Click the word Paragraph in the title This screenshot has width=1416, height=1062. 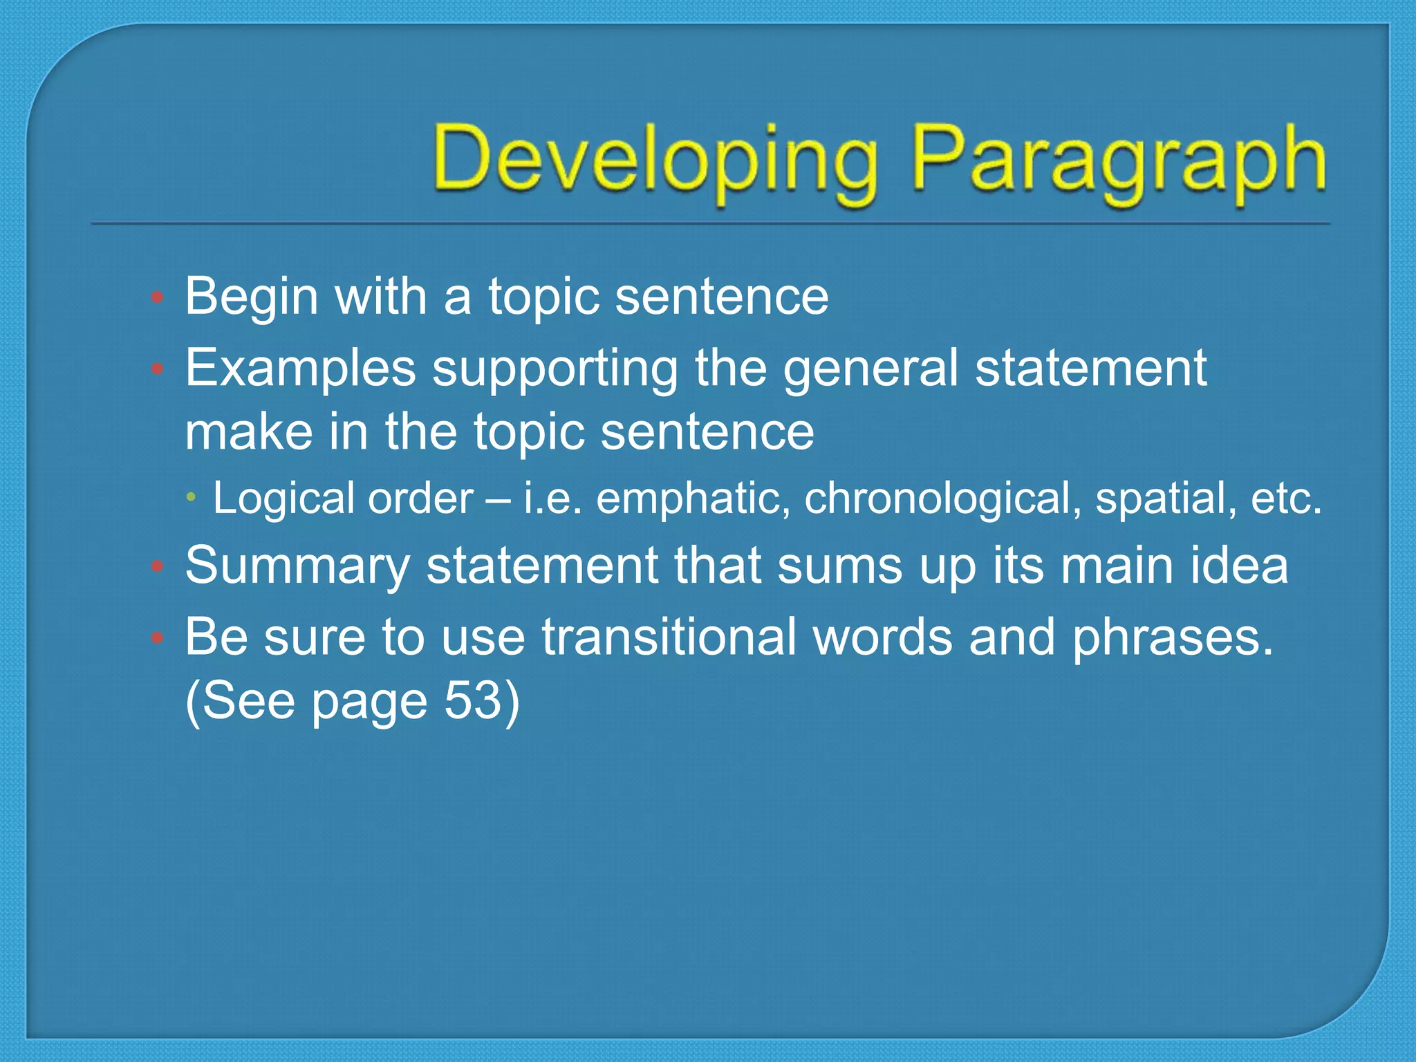point(1119,160)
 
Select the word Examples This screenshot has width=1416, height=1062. point(300,369)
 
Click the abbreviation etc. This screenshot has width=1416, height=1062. point(1285,498)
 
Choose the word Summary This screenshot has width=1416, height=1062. point(297,566)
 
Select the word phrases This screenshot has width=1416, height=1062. point(1172,637)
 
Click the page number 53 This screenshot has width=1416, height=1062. point(472,701)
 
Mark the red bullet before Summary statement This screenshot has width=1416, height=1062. point(158,568)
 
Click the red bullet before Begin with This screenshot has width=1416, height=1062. point(158,298)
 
